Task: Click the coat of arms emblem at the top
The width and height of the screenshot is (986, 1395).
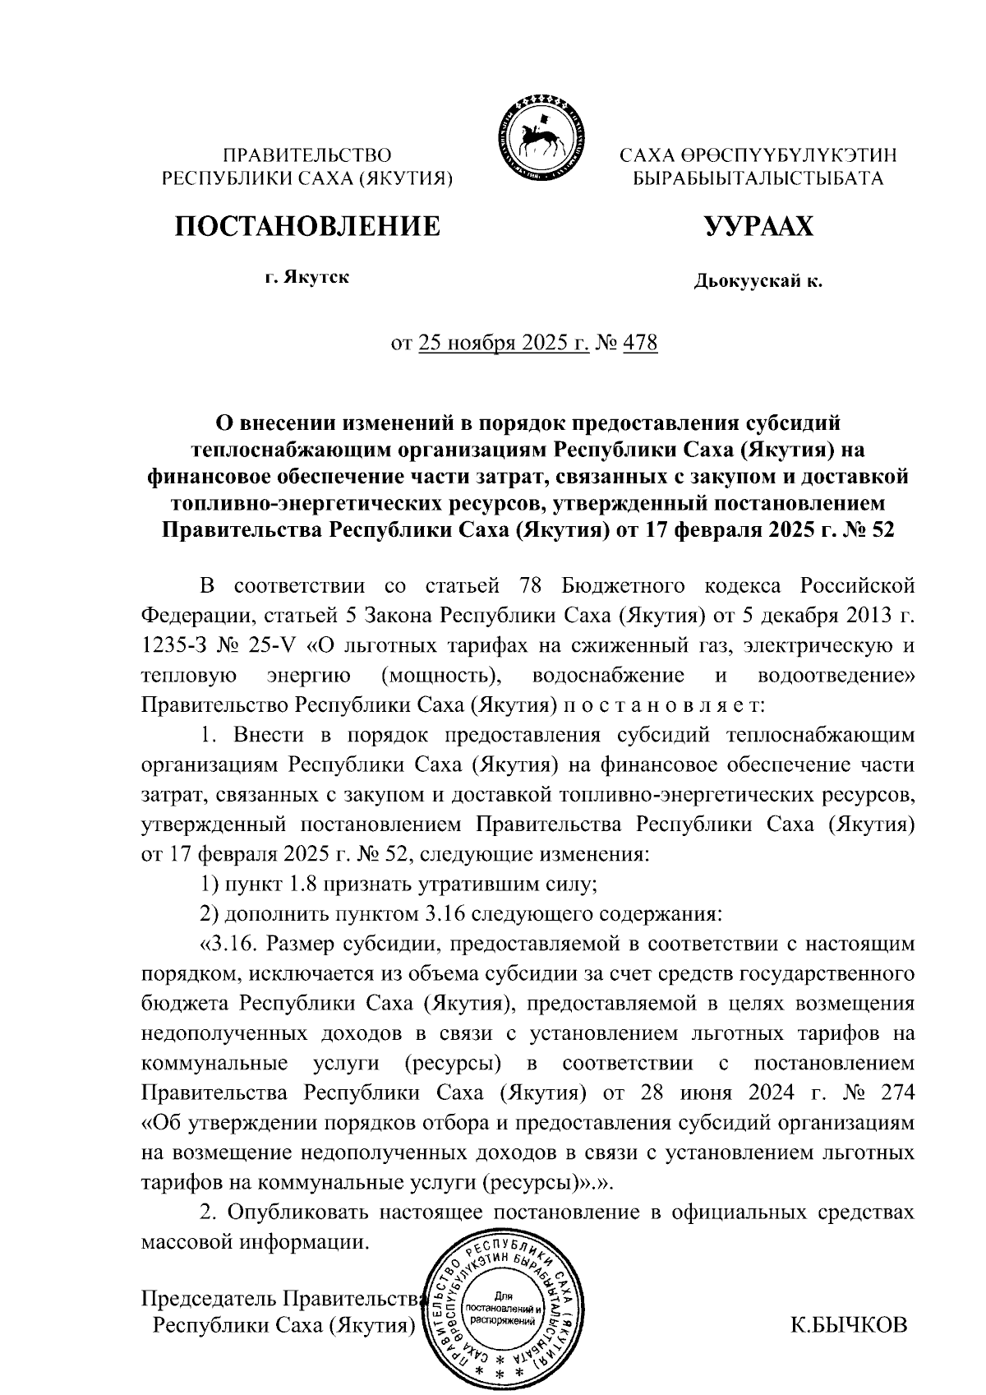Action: (538, 136)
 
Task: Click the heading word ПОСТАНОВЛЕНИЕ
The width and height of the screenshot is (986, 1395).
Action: (306, 225)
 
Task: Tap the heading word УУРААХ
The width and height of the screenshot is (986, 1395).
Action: (758, 225)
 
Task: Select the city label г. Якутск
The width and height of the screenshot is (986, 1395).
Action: (306, 278)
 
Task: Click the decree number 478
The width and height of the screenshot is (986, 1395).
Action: (640, 342)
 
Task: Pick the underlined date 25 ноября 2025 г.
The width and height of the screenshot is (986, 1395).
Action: (503, 342)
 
